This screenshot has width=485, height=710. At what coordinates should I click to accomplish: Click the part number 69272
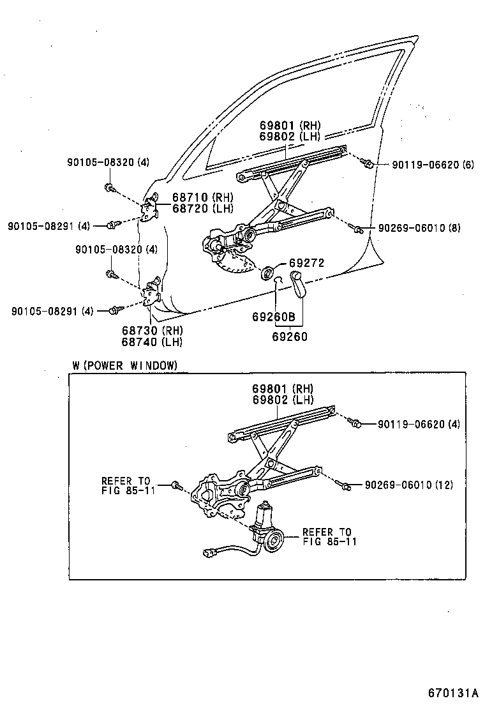coord(307,262)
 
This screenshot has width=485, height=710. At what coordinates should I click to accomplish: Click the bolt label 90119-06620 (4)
coord(418,423)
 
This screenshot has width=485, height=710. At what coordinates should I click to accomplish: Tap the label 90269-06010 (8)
coord(419,228)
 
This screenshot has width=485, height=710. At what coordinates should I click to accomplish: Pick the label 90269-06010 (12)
coord(408,485)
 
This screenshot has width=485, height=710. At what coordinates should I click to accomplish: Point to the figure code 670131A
coord(452,693)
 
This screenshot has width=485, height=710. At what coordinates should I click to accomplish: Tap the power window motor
coord(267,527)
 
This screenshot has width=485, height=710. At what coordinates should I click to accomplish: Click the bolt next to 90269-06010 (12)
coord(346,487)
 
